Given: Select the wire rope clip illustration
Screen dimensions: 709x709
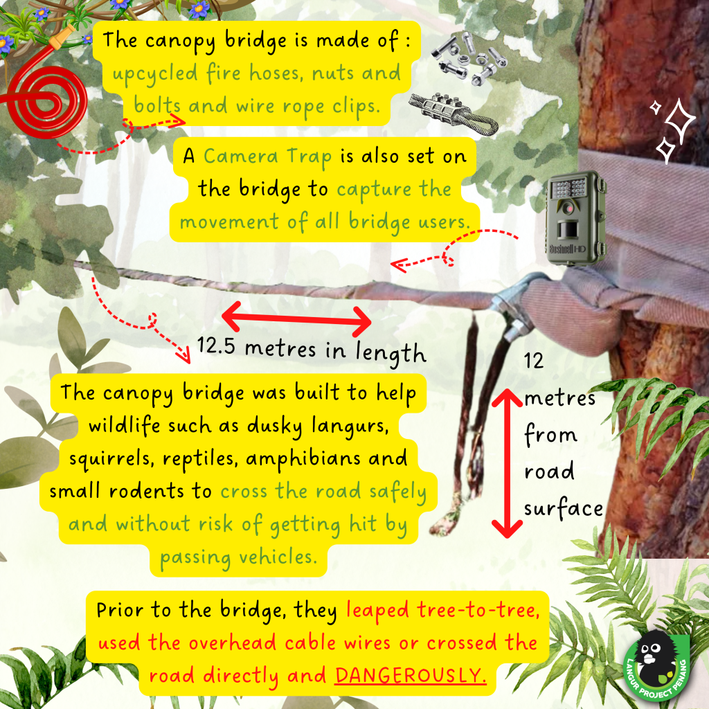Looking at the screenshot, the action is (453, 113).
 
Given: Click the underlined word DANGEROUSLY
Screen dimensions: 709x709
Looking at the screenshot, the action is (411, 676).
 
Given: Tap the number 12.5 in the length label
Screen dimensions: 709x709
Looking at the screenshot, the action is (216, 346).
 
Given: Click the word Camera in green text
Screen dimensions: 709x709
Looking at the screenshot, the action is (240, 156).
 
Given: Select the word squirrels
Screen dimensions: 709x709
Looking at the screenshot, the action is (109, 460).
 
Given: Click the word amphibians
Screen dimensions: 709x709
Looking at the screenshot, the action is (303, 458).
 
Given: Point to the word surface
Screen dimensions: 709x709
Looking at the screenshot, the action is (564, 508).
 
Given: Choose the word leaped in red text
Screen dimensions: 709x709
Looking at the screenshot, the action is (378, 611).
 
